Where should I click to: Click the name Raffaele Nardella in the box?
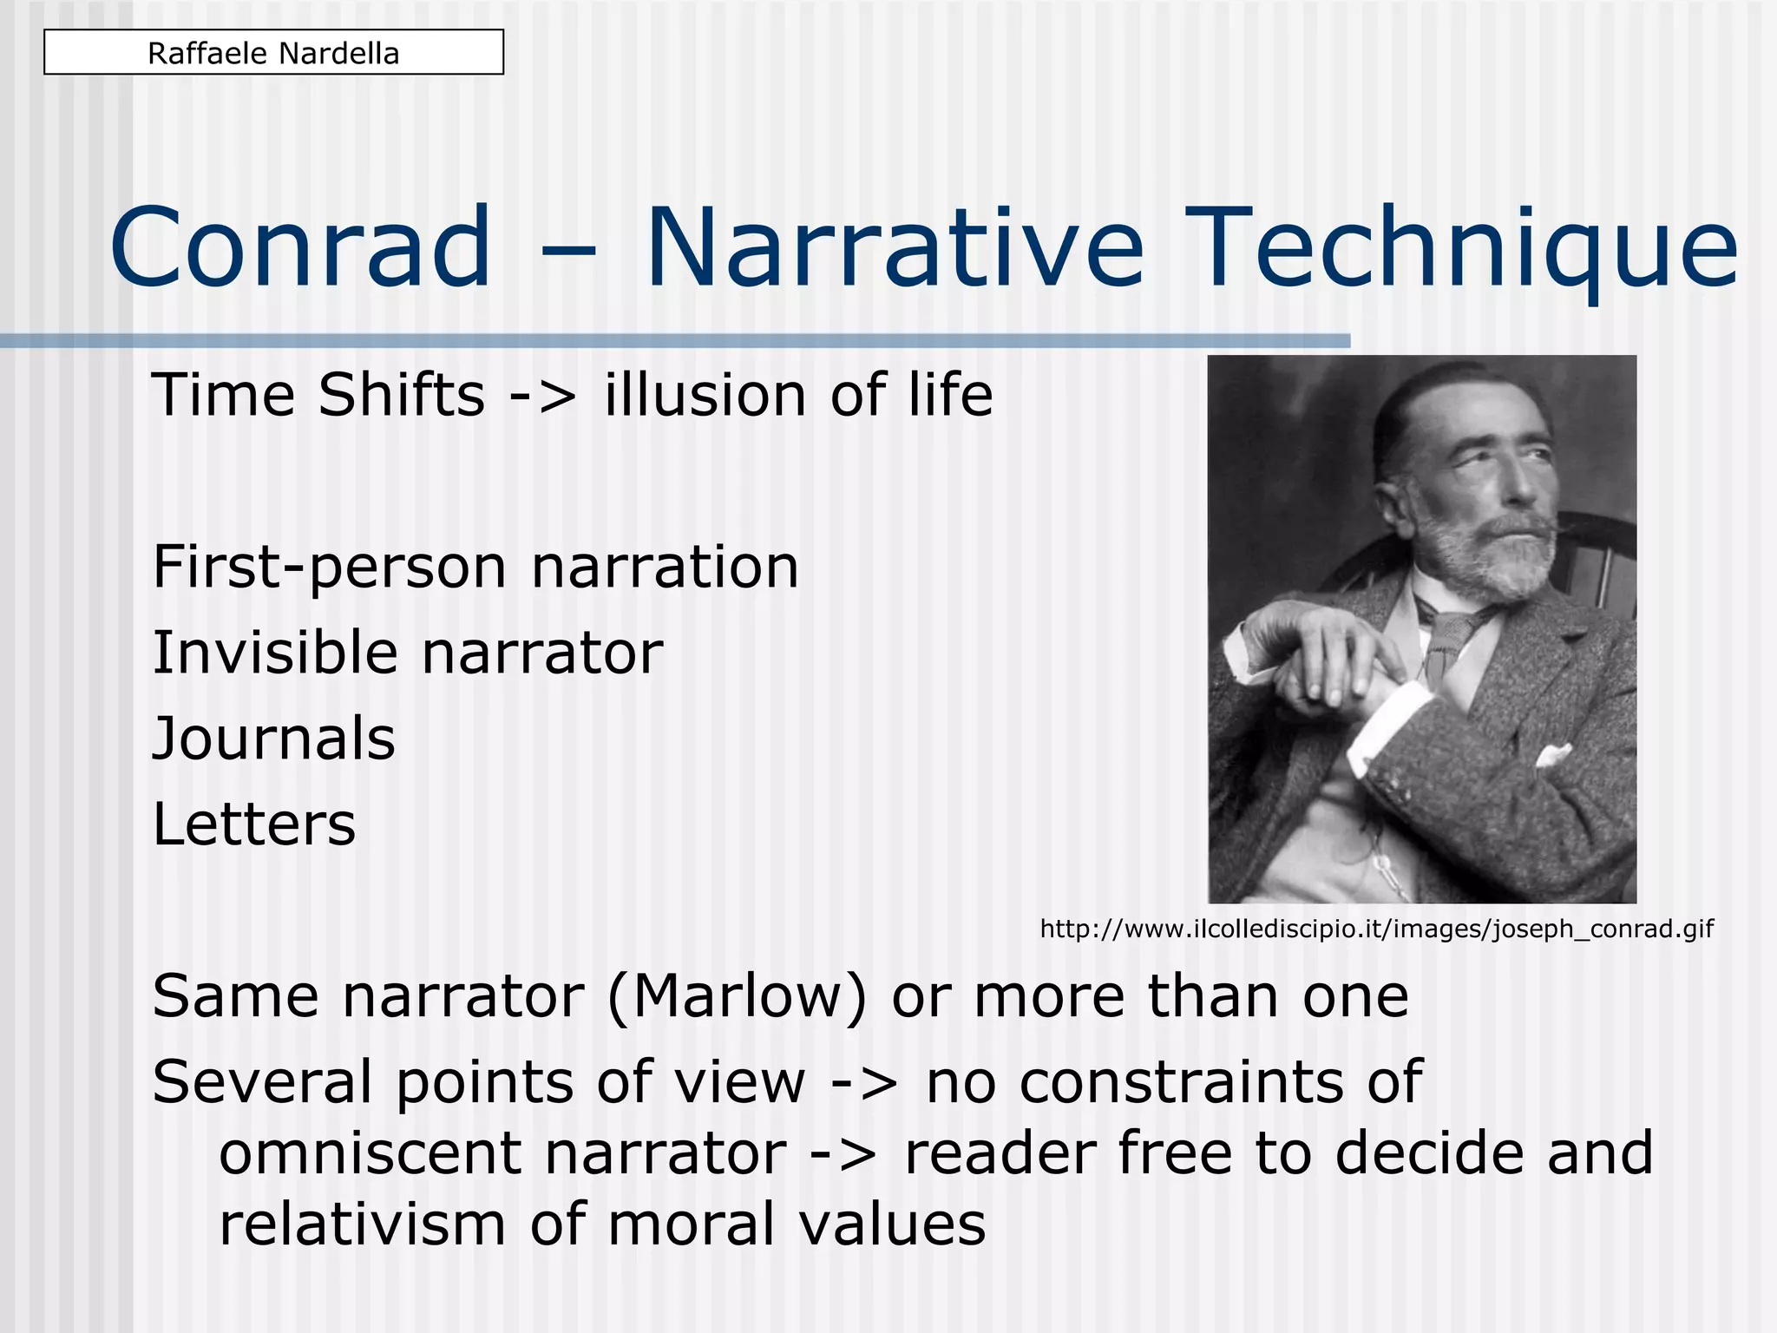273,54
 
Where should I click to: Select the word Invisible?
274,653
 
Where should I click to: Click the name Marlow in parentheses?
737,997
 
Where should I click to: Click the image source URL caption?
1376,929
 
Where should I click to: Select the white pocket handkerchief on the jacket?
1553,754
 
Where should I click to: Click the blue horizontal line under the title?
675,341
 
